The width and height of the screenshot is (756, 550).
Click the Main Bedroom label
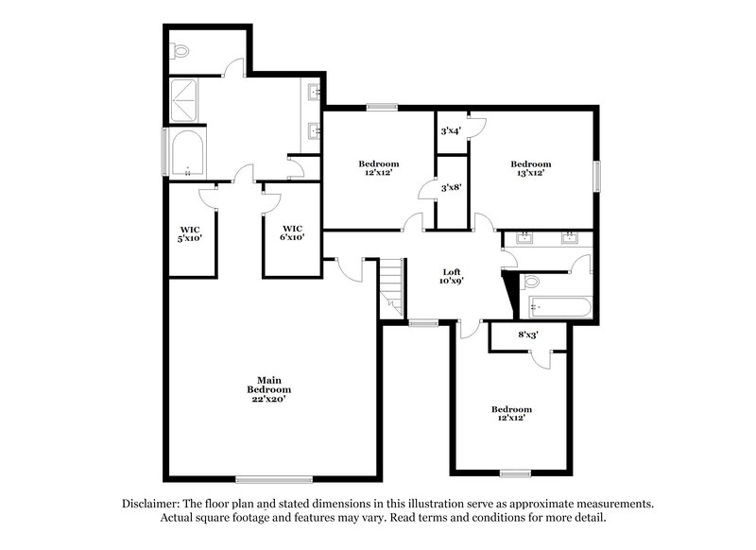point(268,389)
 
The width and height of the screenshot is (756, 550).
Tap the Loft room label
point(452,276)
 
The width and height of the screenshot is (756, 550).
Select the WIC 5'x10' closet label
point(190,233)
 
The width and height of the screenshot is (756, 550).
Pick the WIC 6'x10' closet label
point(293,233)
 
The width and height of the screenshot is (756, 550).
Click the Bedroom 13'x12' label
point(534,168)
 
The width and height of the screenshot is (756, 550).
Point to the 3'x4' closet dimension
point(451,130)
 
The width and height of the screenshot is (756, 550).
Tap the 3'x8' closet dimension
point(451,187)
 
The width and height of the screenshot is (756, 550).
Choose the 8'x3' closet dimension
point(528,334)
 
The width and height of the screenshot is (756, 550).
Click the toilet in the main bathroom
point(180,50)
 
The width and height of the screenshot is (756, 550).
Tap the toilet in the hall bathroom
point(532,281)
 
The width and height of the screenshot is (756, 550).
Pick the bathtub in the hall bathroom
point(560,307)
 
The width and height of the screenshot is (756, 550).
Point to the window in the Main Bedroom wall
point(261,477)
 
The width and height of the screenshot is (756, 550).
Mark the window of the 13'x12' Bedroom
point(597,177)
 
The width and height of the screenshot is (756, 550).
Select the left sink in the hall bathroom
point(524,237)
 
